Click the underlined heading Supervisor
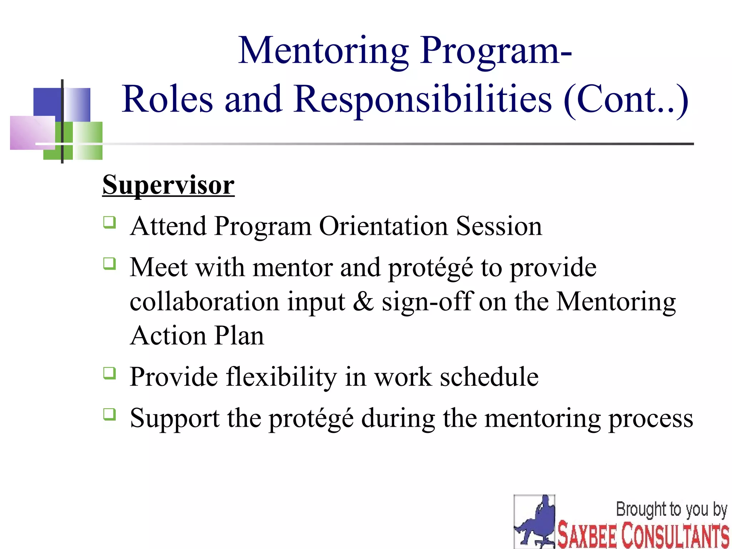pyautogui.click(x=168, y=185)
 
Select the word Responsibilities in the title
pyautogui.click(x=423, y=99)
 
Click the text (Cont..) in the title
pyautogui.click(x=625, y=99)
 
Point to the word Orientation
pyautogui.click(x=383, y=226)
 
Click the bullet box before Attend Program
pyautogui.click(x=109, y=222)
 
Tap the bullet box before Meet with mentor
pyautogui.click(x=109, y=264)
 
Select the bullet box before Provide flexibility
pyautogui.click(x=109, y=373)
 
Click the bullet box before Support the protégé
pyautogui.click(x=109, y=414)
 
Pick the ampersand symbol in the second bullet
pyautogui.click(x=363, y=301)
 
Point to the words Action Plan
pyautogui.click(x=197, y=336)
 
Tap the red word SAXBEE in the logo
pyautogui.click(x=587, y=535)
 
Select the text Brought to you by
pyautogui.click(x=671, y=510)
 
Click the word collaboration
pyautogui.click(x=204, y=301)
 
